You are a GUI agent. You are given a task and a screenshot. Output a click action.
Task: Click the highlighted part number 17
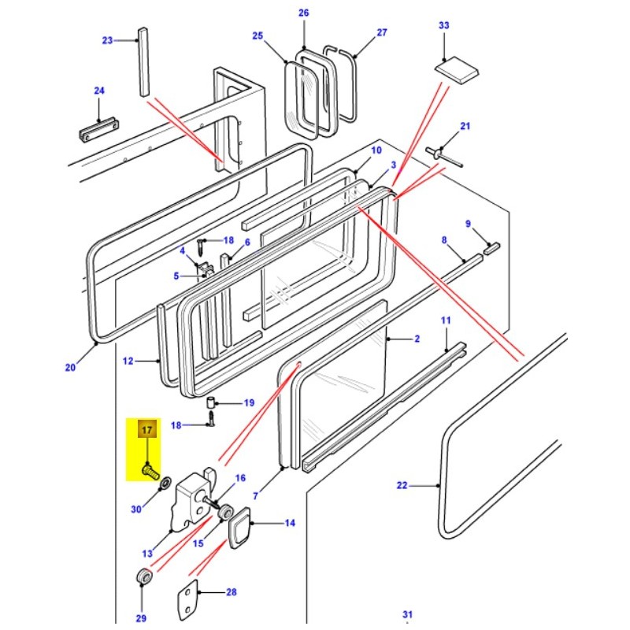pos(146,430)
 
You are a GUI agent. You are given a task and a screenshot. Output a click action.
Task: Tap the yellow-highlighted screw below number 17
pos(150,471)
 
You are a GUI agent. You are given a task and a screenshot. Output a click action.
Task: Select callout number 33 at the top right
pos(443,26)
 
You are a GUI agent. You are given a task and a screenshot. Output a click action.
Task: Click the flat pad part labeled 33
pos(458,71)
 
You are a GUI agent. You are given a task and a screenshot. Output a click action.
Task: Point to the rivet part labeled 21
pos(443,154)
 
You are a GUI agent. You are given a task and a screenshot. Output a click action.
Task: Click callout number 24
pos(99,91)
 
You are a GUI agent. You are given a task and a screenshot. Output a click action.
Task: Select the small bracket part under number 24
pos(99,128)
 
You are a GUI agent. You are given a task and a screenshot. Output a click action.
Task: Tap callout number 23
pos(108,40)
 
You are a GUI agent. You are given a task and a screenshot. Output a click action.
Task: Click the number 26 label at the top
pos(304,13)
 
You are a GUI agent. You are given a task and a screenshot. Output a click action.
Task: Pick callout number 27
pos(382,32)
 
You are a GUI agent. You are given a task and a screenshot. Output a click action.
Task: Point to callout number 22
pos(402,486)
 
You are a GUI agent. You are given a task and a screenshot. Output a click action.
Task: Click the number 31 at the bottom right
pos(407,614)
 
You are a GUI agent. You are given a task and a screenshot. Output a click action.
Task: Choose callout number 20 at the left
pos(70,367)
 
